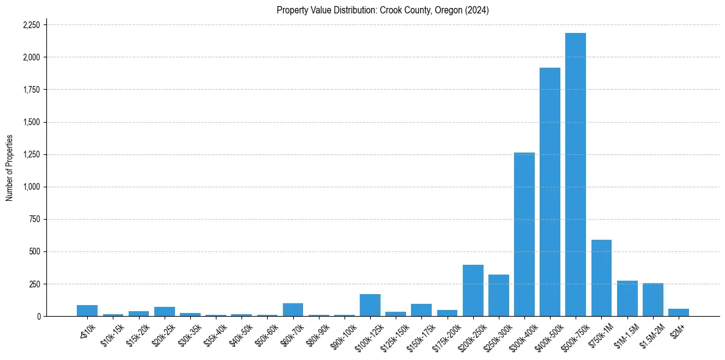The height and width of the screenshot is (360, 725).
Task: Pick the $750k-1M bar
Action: [601, 278]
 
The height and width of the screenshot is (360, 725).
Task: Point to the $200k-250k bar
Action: [473, 290]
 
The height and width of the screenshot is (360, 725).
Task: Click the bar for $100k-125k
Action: [370, 305]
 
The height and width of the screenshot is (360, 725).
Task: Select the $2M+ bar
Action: [678, 312]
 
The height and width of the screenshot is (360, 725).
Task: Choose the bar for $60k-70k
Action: [293, 310]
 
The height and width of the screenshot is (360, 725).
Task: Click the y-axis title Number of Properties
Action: [10, 168]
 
